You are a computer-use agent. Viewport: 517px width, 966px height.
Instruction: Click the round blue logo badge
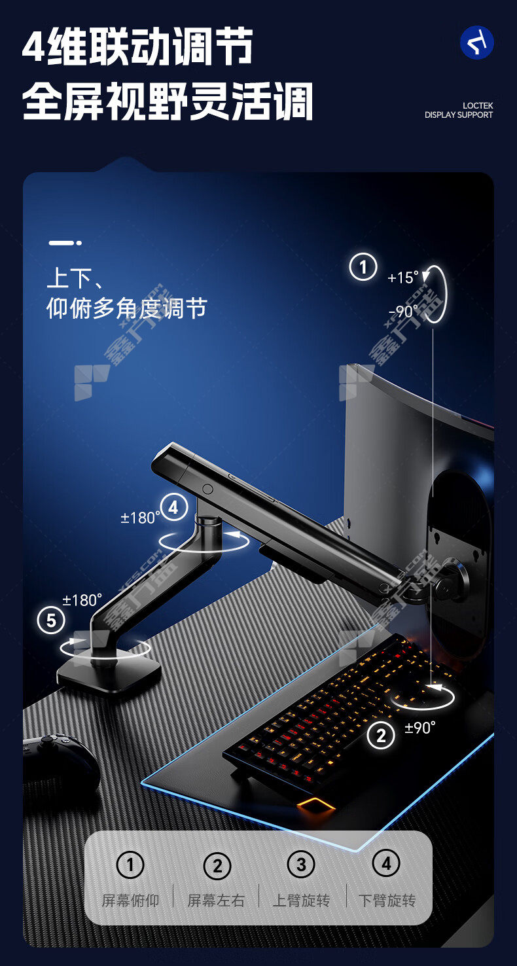(x=477, y=43)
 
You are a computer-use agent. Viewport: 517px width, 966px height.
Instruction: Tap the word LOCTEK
(x=478, y=105)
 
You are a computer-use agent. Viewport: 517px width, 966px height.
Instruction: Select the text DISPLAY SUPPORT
(x=459, y=115)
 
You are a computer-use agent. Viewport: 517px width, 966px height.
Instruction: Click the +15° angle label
(x=402, y=277)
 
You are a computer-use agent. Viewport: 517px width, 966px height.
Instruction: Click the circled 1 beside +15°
(x=363, y=267)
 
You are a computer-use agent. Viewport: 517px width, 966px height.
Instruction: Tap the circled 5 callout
(x=51, y=620)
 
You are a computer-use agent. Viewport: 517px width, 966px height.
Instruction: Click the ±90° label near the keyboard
(x=420, y=728)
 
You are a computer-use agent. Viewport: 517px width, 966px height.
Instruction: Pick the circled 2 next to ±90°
(x=381, y=735)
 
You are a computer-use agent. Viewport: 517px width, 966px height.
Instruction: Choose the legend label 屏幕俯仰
(x=130, y=901)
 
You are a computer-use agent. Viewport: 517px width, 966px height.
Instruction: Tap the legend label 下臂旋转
(x=387, y=901)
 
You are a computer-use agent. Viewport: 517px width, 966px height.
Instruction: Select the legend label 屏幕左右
(x=216, y=901)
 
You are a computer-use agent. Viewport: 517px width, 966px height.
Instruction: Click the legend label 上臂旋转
(x=302, y=901)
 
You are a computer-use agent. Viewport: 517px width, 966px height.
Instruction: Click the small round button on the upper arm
(x=208, y=489)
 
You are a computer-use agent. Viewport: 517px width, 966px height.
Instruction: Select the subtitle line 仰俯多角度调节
(x=127, y=308)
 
